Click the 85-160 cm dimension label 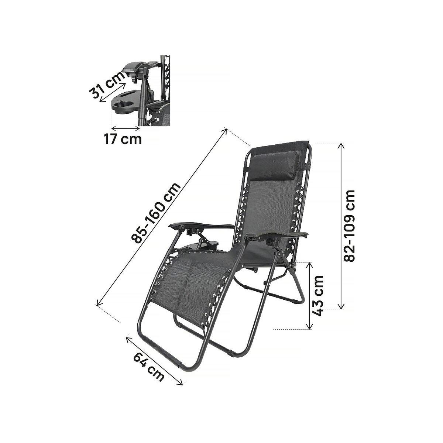click(157, 213)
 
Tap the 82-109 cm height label click(349, 226)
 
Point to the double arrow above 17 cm click(126, 128)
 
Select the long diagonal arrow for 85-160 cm click(161, 217)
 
